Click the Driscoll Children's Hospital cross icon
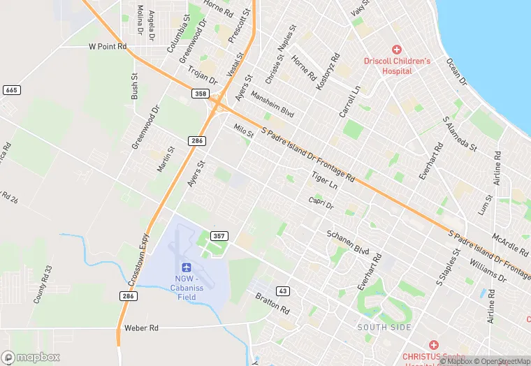click(x=397, y=50)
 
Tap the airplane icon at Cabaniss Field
click(x=187, y=268)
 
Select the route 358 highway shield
click(x=201, y=93)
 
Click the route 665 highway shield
click(x=11, y=90)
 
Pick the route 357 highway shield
click(x=219, y=236)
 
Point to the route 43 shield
click(x=282, y=291)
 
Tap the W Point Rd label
click(x=108, y=47)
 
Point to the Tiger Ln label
click(x=325, y=182)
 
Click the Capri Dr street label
click(x=321, y=202)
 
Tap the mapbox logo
click(x=31, y=357)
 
